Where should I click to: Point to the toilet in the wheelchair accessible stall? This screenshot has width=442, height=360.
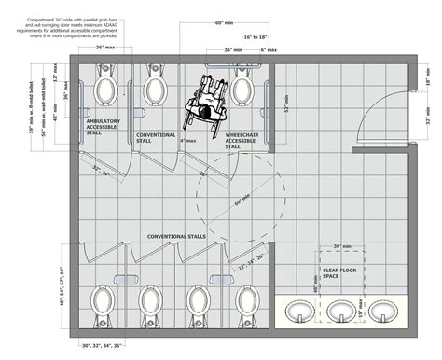[242, 90]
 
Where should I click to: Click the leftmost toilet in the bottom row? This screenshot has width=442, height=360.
[100, 300]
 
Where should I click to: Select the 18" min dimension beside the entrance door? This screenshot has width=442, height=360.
[428, 82]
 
